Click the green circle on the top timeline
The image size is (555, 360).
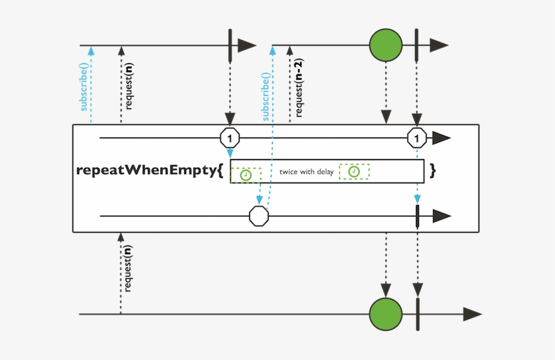click(x=386, y=45)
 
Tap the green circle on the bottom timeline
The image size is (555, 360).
click(x=386, y=314)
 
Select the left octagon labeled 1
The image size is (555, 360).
click(x=230, y=138)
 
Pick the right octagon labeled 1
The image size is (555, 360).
click(x=417, y=138)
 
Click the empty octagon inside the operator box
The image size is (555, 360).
click(x=259, y=217)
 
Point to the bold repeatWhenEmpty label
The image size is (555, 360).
click(x=149, y=171)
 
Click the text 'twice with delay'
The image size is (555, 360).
click(x=307, y=172)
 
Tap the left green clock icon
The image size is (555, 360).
click(x=245, y=175)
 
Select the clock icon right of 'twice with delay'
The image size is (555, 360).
click(x=354, y=172)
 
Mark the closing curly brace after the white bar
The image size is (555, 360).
click(x=432, y=171)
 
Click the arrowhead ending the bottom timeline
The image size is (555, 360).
click(x=472, y=314)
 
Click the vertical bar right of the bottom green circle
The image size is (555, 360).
click(x=417, y=314)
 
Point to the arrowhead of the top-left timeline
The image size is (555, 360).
click(x=247, y=45)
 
